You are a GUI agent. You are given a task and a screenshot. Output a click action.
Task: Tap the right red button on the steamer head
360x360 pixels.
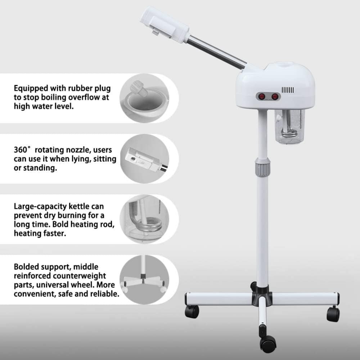(x=275, y=96)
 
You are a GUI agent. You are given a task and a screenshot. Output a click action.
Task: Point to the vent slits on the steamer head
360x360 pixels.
(x=288, y=90)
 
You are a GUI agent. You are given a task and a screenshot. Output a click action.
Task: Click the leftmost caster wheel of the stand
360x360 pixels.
(x=192, y=311)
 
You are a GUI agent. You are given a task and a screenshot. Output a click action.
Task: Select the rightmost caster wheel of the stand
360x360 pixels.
(x=333, y=314)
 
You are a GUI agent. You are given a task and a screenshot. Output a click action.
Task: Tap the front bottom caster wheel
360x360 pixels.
(x=268, y=344)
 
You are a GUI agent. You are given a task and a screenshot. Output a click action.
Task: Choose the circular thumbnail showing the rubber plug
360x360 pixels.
(x=144, y=98)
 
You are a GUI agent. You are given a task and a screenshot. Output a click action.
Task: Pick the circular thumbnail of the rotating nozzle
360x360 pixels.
(x=144, y=159)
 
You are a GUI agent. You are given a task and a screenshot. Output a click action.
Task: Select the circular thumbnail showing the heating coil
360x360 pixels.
(x=144, y=219)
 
